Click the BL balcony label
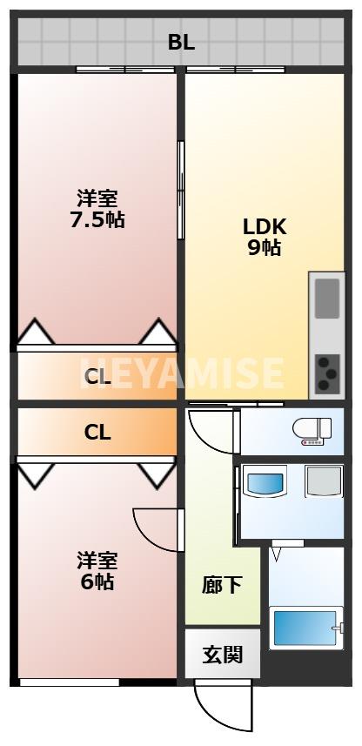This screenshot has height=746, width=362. tap(181, 42)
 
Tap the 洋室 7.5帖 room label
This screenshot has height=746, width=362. tap(97, 209)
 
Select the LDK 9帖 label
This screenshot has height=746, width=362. tap(265, 236)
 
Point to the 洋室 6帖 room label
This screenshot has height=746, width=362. tap(97, 569)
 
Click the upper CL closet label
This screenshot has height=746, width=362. tap(97, 377)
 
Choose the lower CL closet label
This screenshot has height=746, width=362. tap(97, 432)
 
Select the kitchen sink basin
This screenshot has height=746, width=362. tap(327, 298)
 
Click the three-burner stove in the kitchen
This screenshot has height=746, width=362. tap(327, 373)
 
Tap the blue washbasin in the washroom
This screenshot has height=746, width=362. tap(264, 482)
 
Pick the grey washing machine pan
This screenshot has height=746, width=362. tap(323, 481)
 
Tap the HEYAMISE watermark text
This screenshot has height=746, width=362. tap(181, 373)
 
